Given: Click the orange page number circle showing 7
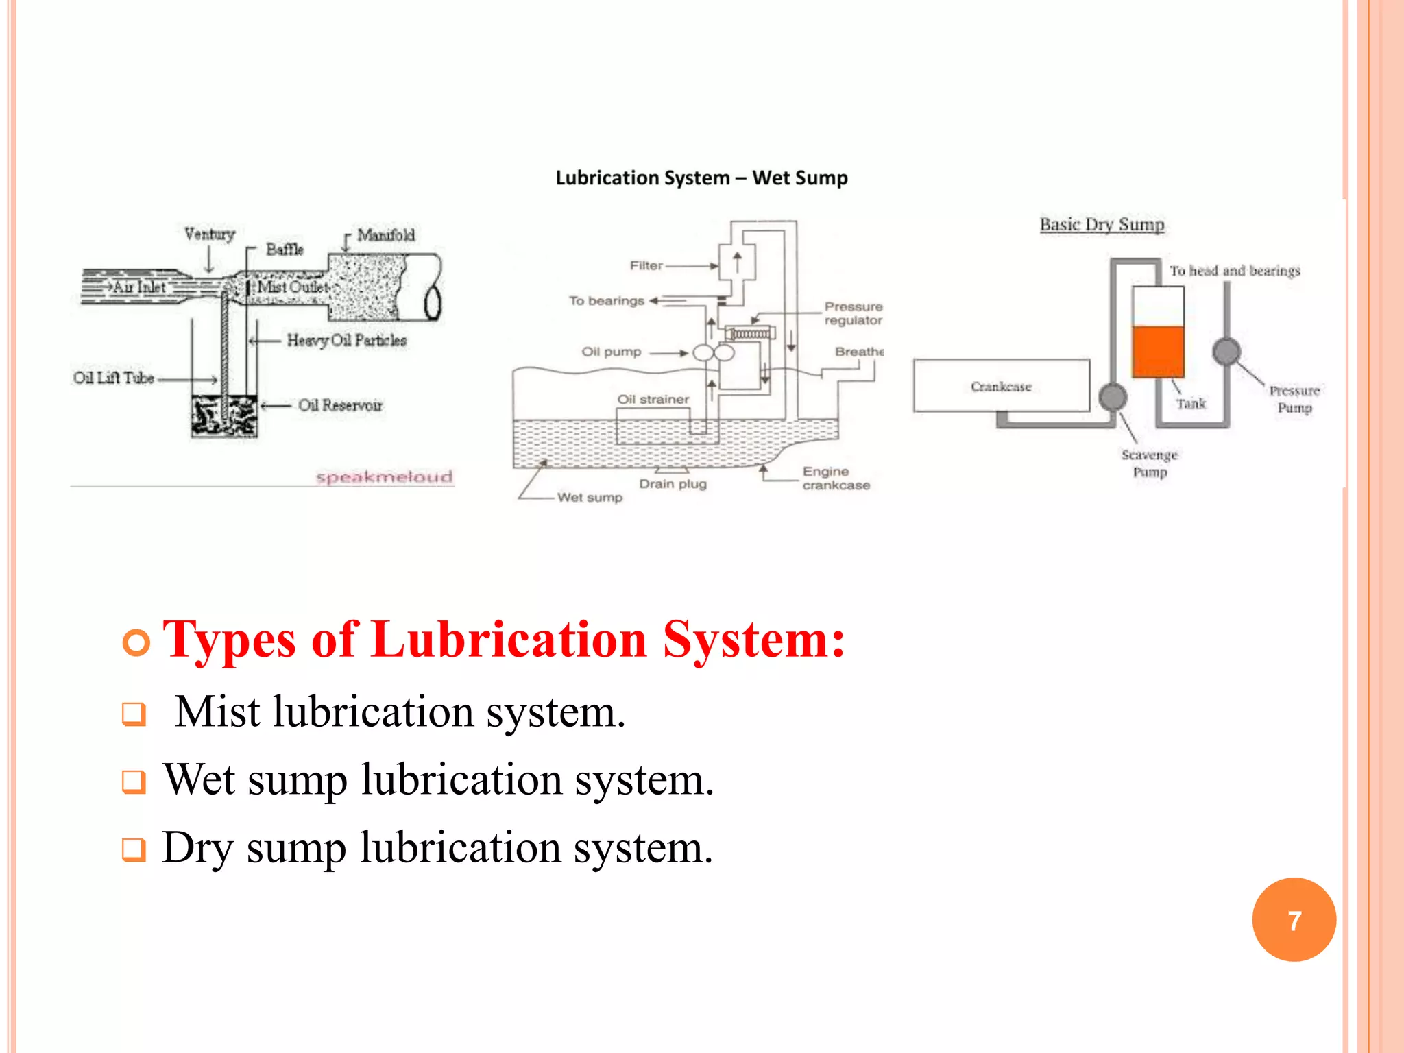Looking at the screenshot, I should [x=1294, y=920].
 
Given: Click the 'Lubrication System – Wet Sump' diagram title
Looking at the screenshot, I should [x=701, y=178].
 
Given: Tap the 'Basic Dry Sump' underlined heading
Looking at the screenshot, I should [x=1102, y=225].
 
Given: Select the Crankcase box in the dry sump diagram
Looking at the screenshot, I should [x=1001, y=386].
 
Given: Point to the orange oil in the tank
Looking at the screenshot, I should [x=1158, y=351].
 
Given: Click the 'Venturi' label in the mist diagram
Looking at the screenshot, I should [x=209, y=234].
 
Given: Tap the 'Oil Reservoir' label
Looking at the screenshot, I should [x=340, y=405].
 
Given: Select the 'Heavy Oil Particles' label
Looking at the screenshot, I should [x=346, y=340].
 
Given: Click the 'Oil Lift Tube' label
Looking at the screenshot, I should [x=114, y=378].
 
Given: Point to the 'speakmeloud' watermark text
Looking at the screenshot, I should [x=384, y=476].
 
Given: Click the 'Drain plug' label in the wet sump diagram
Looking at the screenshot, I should [x=673, y=484].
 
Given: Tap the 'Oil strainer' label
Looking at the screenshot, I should [x=653, y=399].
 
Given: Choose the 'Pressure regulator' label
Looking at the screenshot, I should [x=854, y=313].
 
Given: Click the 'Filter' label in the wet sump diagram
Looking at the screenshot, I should [x=646, y=265].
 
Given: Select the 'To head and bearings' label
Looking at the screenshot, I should [x=1235, y=271].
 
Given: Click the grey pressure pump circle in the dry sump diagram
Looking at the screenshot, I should [x=1226, y=352].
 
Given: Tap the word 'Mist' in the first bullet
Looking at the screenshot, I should [x=217, y=712].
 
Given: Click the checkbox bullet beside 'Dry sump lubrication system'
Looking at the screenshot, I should [x=134, y=849].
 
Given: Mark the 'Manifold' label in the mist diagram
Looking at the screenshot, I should [x=386, y=235].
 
